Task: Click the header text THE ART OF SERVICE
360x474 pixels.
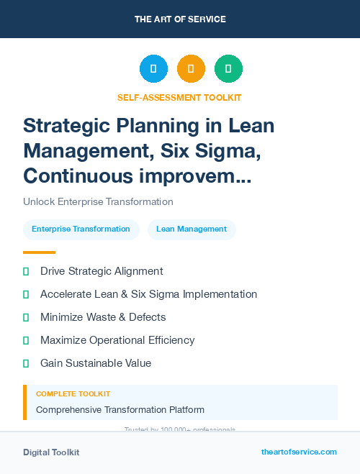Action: point(180,19)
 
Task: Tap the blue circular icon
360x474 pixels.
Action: point(153,69)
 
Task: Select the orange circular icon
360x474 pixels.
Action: point(191,69)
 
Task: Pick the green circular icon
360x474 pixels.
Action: point(228,69)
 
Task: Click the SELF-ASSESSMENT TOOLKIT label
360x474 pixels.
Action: point(179,97)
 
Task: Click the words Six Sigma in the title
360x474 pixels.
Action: point(210,150)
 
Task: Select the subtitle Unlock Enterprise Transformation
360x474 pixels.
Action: point(98,202)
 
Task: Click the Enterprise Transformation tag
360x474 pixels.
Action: point(81,229)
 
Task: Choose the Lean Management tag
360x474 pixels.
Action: point(192,229)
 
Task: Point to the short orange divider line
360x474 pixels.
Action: point(39,252)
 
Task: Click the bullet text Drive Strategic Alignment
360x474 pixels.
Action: point(102,271)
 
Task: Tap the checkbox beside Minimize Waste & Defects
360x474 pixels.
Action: point(26,317)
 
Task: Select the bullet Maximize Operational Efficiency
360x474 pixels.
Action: point(117,340)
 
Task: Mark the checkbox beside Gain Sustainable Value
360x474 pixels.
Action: point(26,363)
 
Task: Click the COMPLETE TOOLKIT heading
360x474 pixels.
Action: point(73,394)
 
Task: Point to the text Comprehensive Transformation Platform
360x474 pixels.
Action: point(120,410)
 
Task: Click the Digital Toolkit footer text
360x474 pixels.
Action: point(51,452)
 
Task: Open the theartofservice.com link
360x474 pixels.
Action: point(299,452)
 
